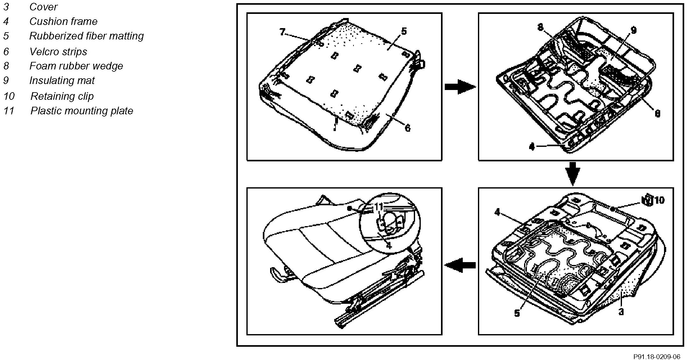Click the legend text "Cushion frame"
coord(63,21)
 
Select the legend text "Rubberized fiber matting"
coord(86,36)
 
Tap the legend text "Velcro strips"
coord(58,51)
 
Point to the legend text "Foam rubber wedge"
coord(76,66)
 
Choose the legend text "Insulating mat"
coord(62,81)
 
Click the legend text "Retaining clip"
coord(62,96)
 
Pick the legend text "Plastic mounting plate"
coord(82,111)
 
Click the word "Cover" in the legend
coord(43,7)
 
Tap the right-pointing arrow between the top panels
coord(460,87)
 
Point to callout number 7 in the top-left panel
coord(282,32)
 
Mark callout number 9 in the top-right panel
coord(633,30)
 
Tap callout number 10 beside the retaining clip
coord(659,200)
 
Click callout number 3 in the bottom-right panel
coord(621,312)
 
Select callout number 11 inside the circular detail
coord(378,207)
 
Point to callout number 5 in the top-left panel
coord(404,31)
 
